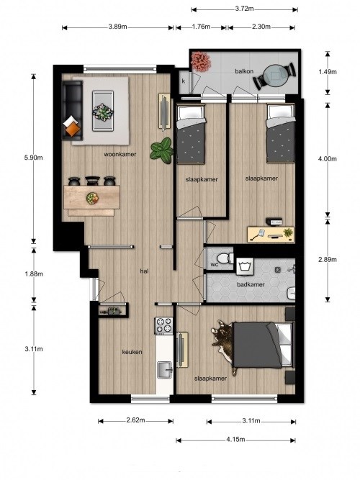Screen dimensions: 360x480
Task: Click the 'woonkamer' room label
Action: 120,154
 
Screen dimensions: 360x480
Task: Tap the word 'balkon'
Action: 244,71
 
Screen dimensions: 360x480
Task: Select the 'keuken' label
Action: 132,352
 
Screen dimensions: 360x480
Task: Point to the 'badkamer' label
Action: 251,285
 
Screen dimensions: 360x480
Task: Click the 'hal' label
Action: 144,271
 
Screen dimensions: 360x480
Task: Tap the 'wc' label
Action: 215,265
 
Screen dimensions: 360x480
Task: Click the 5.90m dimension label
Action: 33,158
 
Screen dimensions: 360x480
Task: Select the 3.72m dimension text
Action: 245,9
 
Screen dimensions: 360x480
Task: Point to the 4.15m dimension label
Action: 235,439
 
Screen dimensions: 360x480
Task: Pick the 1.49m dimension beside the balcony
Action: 328,72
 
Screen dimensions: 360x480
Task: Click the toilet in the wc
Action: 225,258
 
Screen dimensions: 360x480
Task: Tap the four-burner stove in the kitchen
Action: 164,325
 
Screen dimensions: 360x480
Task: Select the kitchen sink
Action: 165,369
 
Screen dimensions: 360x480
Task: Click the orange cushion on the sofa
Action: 73,130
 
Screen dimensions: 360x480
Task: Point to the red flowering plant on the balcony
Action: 201,62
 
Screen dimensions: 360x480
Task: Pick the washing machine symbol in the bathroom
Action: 245,266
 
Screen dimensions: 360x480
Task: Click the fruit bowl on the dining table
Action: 92,198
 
